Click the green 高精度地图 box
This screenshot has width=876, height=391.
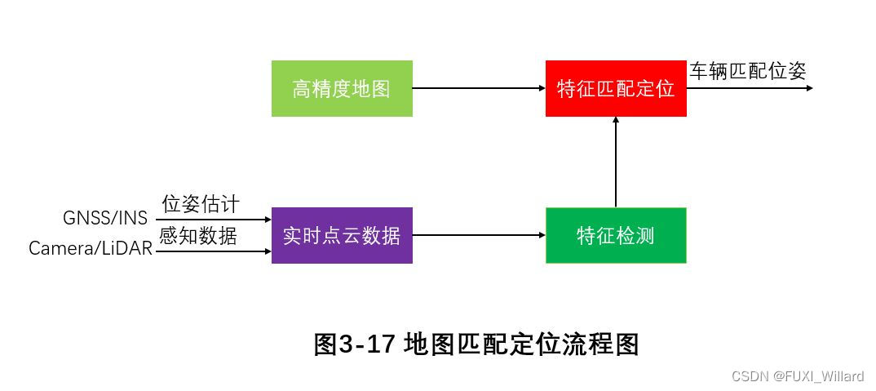[342, 88]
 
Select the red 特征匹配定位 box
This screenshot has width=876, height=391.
[616, 88]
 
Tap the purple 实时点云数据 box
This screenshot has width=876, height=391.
[342, 236]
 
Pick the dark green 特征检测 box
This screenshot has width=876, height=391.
[616, 236]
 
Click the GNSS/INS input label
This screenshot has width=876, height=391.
[105, 219]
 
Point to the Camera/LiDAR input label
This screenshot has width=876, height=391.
[91, 248]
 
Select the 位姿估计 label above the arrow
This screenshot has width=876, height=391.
[201, 204]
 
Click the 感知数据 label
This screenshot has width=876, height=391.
[198, 236]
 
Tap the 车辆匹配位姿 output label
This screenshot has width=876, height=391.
[748, 71]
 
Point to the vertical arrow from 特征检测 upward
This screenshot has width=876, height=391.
[616, 163]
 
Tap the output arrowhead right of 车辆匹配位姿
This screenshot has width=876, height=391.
[809, 87]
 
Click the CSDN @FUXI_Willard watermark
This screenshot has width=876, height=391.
[797, 376]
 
